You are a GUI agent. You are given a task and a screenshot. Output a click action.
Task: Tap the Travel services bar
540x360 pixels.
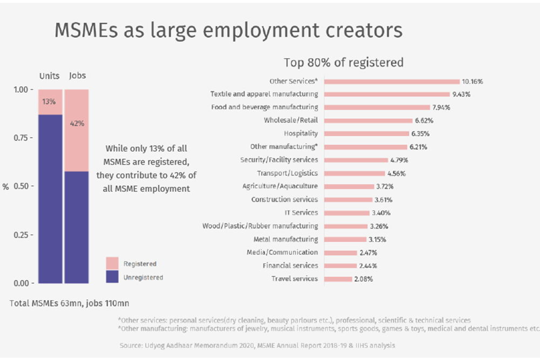point(337,279)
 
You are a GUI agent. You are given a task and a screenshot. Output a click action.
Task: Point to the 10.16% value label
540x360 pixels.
point(472,81)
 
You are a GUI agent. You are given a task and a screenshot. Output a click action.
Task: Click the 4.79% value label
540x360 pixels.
point(399,160)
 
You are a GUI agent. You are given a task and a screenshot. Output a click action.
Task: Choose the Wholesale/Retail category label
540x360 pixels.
point(291,120)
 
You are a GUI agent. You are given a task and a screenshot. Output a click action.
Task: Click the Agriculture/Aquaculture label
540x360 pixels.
point(280,186)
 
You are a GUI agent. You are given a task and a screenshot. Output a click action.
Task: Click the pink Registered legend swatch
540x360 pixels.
point(112,263)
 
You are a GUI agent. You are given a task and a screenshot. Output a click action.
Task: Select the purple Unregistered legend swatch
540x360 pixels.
point(112,277)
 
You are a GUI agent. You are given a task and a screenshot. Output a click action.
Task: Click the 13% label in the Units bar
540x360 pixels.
point(49,101)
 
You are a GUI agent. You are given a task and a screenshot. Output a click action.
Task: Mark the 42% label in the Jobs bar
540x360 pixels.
point(77,123)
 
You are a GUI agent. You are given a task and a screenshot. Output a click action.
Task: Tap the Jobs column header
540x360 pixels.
point(77,76)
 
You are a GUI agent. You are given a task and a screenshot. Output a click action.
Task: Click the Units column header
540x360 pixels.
point(49,76)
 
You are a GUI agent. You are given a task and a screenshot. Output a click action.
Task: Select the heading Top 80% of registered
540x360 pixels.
point(343,62)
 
